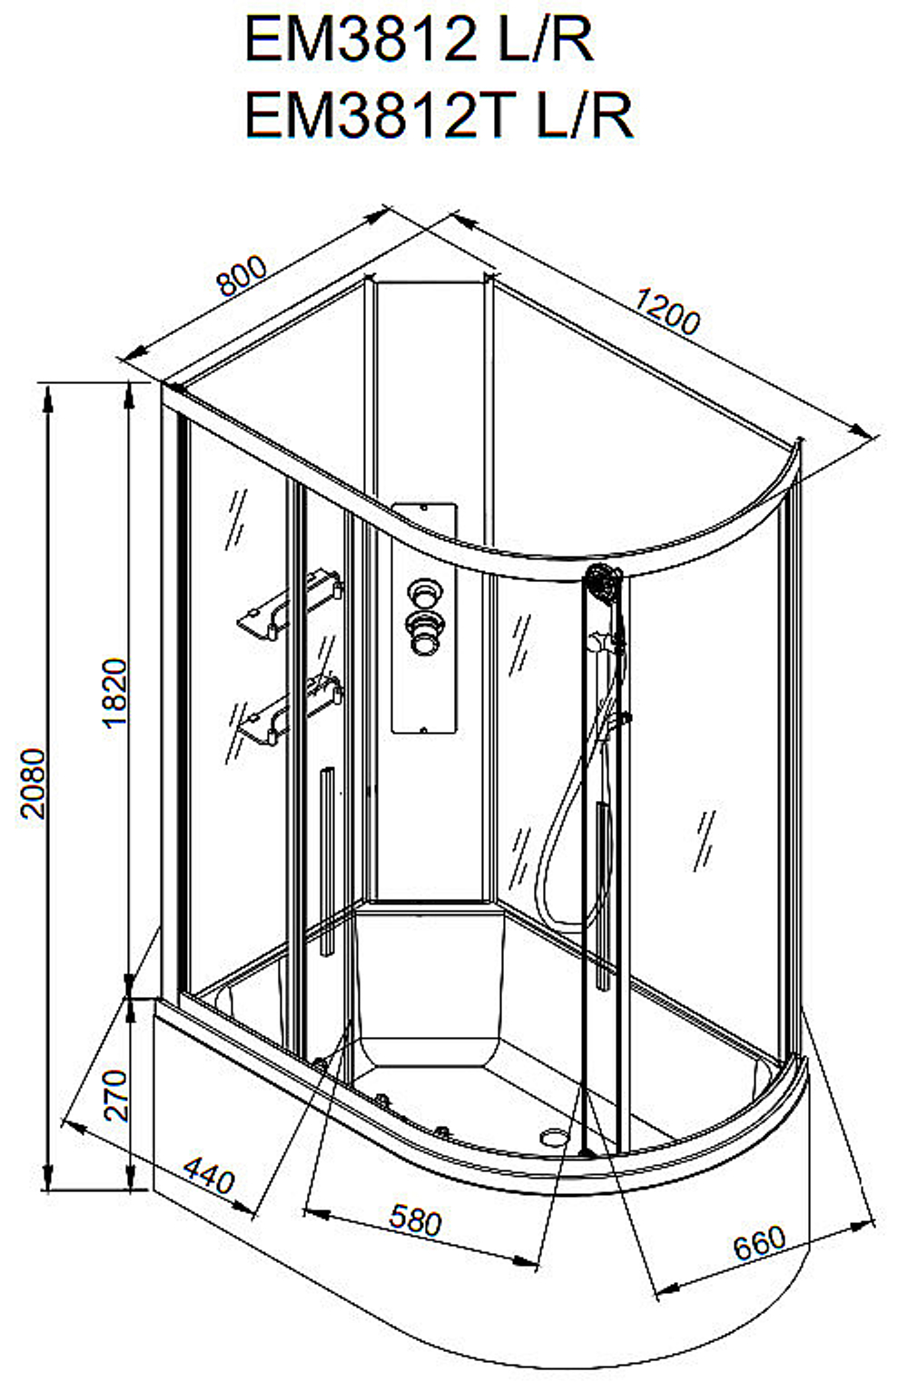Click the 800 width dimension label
coord(242,276)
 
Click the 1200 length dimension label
coord(667,311)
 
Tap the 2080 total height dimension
coord(33,784)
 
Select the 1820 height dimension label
coord(114,694)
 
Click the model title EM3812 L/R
coord(419,40)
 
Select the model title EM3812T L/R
coord(439,115)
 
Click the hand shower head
coord(603,581)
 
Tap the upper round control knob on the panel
coord(424,593)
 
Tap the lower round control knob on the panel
coord(424,633)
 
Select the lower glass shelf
coord(290,710)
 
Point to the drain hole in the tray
coord(556,1137)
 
